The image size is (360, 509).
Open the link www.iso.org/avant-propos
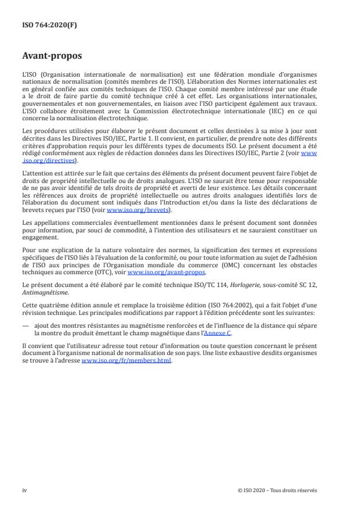point(165,272)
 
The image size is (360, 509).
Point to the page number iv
point(24,490)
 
